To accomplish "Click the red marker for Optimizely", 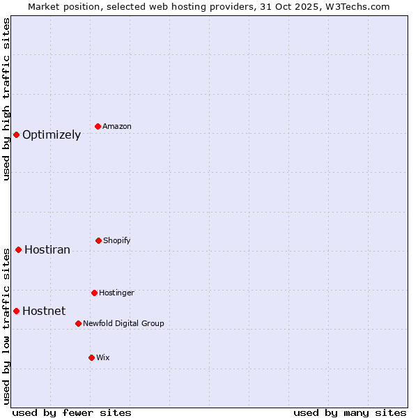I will coord(16,134).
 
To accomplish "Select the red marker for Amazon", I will coord(98,126).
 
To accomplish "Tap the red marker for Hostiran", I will coord(18,249).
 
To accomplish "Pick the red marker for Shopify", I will coord(98,240).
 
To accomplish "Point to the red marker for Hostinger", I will coord(94,293).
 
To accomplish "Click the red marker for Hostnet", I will coord(16,311).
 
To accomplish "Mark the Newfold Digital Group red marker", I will coord(78,323).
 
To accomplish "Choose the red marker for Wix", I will coord(91,357).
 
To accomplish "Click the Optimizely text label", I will coord(52,135).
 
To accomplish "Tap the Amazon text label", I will coord(117,126).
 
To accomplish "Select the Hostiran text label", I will coord(47,250).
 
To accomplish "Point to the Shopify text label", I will coord(117,240).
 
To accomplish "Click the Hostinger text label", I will coord(116,293).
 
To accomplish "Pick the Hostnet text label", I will coord(44,311).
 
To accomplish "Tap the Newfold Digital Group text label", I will coord(123,323).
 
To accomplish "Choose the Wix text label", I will coord(103,357).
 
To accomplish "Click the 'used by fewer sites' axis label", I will coord(72,412).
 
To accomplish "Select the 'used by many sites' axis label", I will coord(350,412).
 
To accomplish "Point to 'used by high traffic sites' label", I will coord(6,100).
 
